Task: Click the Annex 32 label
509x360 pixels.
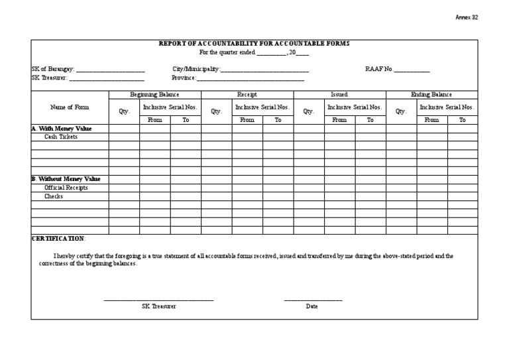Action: (467, 17)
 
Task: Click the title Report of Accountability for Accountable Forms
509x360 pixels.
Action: (254, 43)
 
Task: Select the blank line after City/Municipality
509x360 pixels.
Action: (264, 70)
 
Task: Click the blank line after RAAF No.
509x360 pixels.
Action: (412, 70)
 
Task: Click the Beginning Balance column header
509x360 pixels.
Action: (154, 94)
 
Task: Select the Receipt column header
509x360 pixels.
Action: (247, 94)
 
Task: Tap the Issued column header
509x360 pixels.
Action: (339, 94)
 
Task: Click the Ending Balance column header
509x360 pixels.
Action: (431, 94)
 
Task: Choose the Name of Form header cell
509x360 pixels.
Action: (70, 107)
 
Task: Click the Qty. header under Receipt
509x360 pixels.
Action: (216, 111)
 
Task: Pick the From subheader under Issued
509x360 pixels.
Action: (339, 120)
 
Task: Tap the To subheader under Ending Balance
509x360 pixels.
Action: (463, 120)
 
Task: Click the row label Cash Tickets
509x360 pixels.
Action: (61, 137)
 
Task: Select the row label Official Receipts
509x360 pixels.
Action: (66, 188)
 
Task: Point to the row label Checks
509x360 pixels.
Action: (54, 196)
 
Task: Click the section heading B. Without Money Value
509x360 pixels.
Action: (66, 179)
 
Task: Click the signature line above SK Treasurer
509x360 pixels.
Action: (159, 300)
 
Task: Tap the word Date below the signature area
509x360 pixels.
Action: (312, 306)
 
